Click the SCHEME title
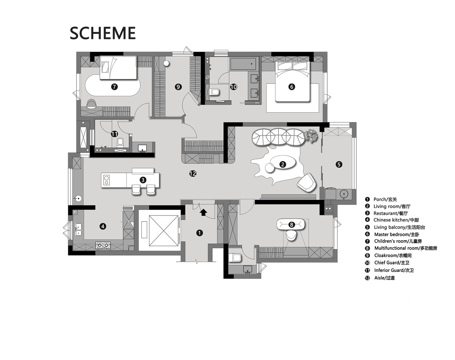point(102,33)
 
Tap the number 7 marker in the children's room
point(115,87)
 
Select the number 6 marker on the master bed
point(292,87)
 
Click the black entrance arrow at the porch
point(203,212)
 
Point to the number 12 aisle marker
point(193,174)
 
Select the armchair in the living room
point(307,182)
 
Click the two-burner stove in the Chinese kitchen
point(103,245)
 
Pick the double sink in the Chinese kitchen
point(78,230)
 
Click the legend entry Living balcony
point(399,227)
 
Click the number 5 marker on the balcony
point(339,164)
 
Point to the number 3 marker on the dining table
point(143,180)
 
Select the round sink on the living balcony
point(344,194)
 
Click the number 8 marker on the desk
point(292,225)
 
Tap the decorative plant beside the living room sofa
point(311,135)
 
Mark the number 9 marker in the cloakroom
point(178,87)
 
